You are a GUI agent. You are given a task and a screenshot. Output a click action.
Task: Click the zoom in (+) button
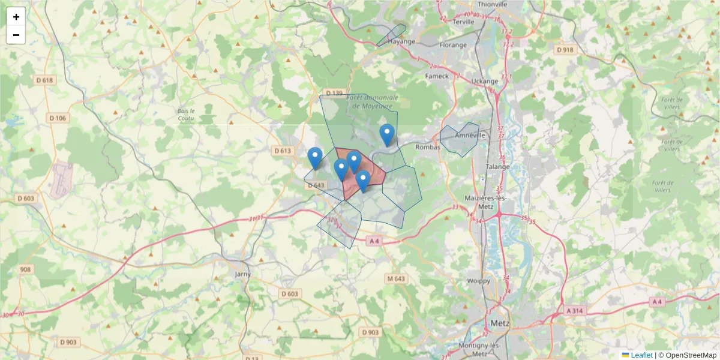coord(16,17)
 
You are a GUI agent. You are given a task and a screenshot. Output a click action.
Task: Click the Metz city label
coord(500,323)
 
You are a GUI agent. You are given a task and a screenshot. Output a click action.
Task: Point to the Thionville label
coord(491,4)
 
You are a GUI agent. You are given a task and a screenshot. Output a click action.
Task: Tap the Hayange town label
coord(401,42)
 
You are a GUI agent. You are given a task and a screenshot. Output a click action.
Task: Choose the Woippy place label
coord(478,280)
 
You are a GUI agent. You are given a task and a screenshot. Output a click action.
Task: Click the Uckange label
coord(485,81)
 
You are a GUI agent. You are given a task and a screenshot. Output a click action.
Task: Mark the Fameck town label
coord(437,76)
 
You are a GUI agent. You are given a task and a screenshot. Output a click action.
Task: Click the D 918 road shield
coord(565,50)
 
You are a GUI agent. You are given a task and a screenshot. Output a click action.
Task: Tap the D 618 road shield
coord(45,80)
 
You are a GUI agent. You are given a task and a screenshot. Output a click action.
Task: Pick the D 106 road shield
coord(57,118)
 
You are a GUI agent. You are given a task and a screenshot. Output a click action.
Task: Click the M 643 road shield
coord(397,278)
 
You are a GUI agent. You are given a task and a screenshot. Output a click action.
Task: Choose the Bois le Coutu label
coord(187,115)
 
